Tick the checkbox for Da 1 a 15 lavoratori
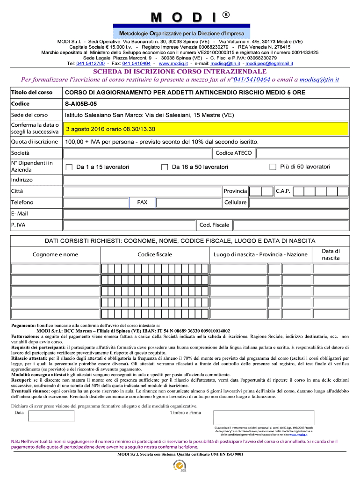(69, 167)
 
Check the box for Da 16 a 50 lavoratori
(165, 167)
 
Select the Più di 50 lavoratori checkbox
(273, 167)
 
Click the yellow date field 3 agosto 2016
(206, 129)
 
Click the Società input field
(137, 153)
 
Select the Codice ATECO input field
(302, 153)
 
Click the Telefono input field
(96, 203)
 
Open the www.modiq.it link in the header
(173, 63)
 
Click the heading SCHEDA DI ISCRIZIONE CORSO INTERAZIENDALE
(180, 72)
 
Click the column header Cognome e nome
(55, 254)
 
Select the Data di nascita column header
(331, 254)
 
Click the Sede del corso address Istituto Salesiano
(150, 115)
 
